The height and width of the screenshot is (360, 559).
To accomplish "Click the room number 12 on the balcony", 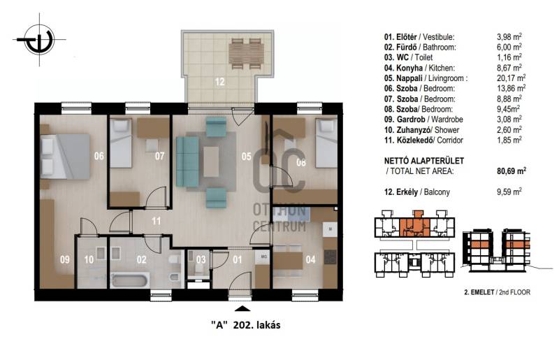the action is (219, 82).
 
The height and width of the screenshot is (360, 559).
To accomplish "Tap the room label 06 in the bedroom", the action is (99, 156).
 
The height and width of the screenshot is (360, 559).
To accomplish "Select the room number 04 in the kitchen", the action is (310, 259).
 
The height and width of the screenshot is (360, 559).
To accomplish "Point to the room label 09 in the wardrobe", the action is (65, 259).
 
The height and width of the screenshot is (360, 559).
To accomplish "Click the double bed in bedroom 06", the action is (64, 156).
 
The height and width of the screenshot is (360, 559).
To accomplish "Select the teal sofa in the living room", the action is (187, 161).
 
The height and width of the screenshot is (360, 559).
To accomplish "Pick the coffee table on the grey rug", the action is (211, 161).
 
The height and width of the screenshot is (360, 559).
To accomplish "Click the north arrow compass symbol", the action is (40, 39).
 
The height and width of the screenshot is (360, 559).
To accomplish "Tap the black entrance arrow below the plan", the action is (242, 309).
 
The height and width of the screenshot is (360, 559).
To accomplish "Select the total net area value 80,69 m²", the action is (511, 171).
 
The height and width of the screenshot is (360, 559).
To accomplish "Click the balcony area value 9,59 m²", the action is (509, 192).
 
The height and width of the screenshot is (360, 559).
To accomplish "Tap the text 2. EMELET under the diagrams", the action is (479, 292).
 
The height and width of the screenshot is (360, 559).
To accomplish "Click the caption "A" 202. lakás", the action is (246, 325).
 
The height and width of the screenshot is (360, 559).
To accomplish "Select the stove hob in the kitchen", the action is (330, 257).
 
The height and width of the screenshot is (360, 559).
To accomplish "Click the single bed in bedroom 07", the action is (121, 143).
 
